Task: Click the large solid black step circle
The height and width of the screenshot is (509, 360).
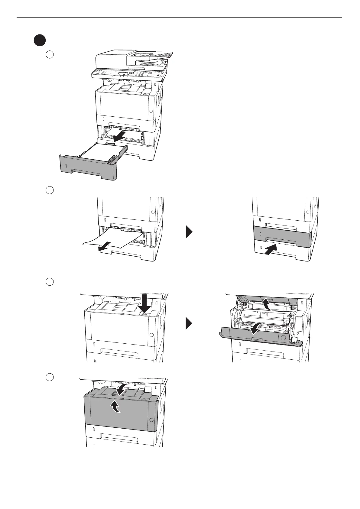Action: coord(40,41)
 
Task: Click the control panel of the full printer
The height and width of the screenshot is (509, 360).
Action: coord(127,74)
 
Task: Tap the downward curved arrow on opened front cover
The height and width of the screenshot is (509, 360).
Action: coord(255,328)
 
